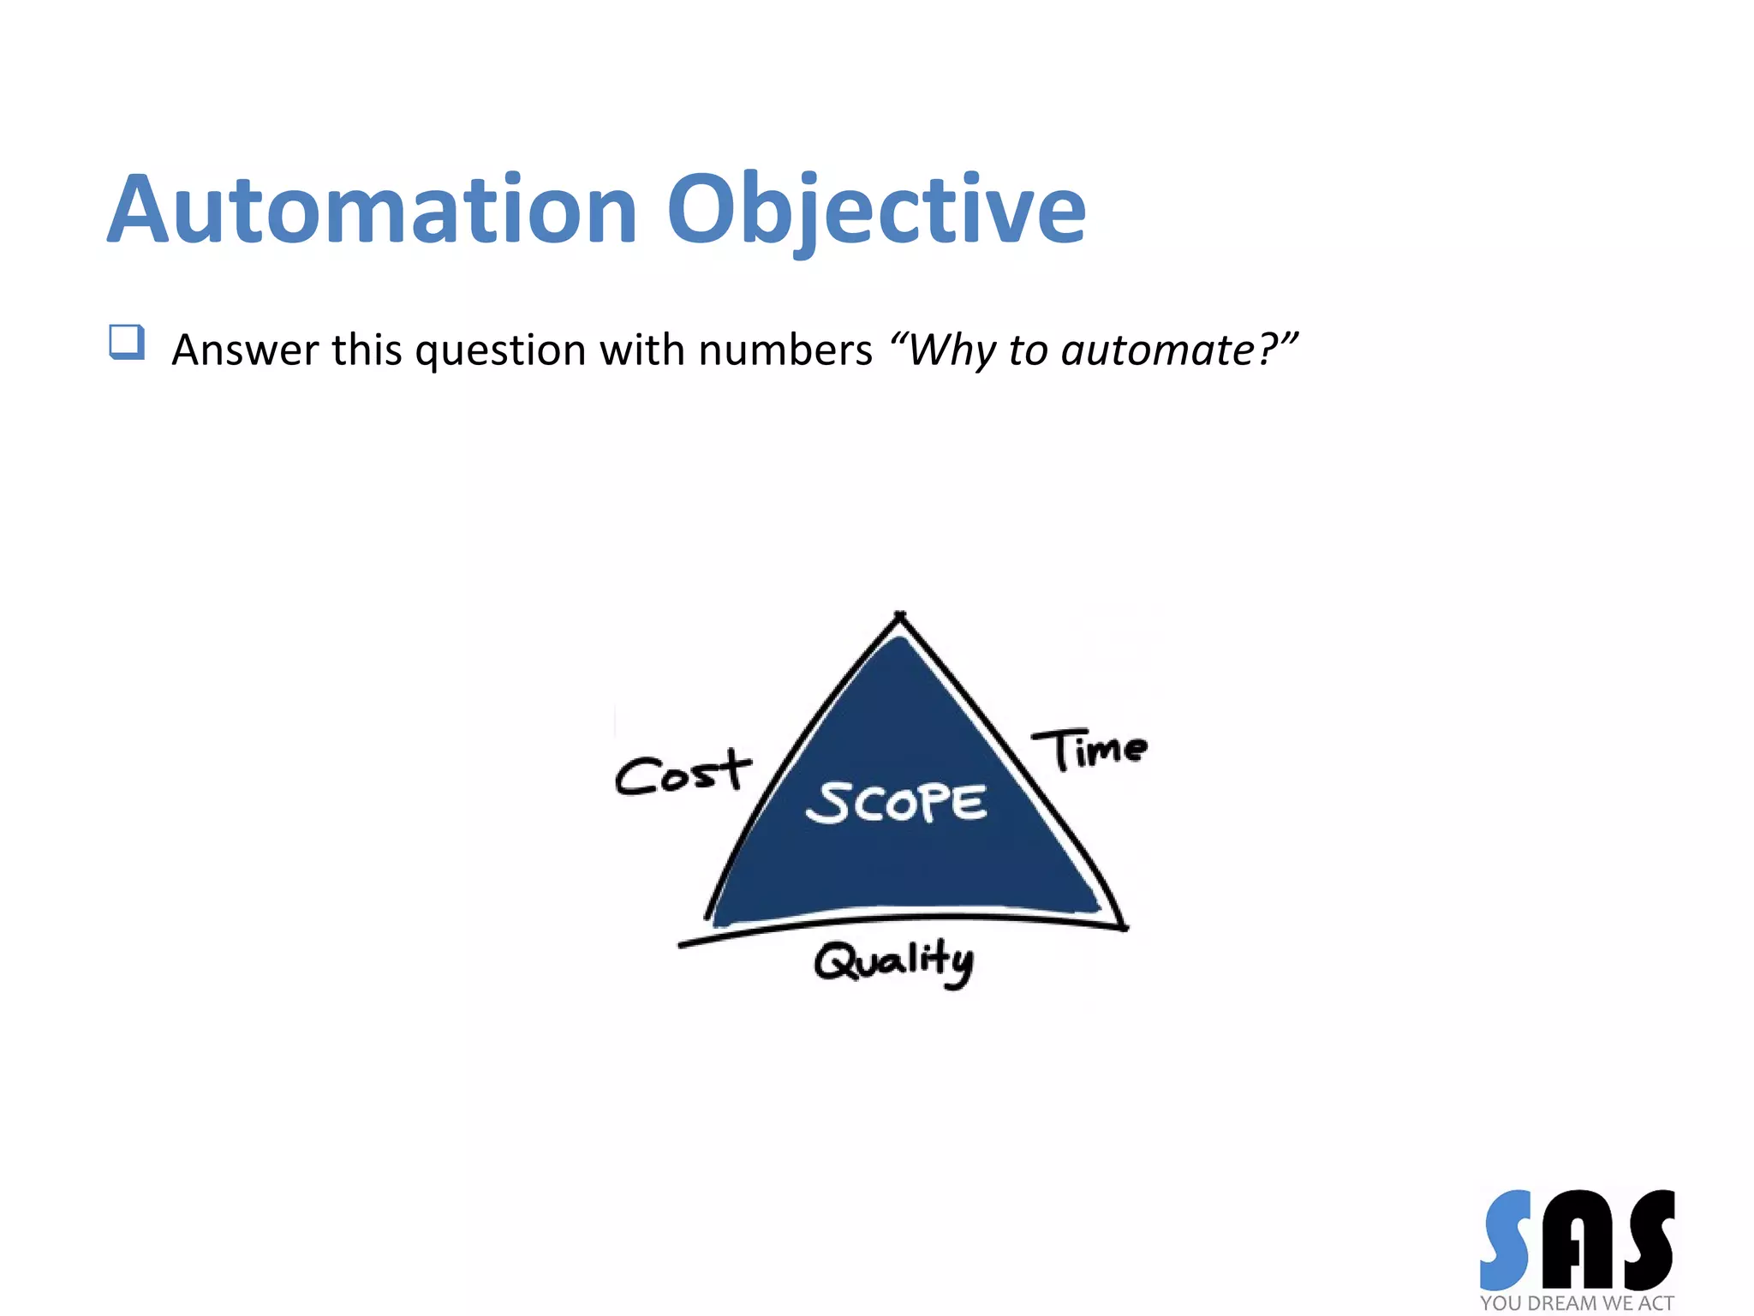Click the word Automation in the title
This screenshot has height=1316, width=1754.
pyautogui.click(x=373, y=210)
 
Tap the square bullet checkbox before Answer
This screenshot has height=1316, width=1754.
pyautogui.click(x=127, y=342)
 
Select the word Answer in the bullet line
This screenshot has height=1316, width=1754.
pyautogui.click(x=244, y=350)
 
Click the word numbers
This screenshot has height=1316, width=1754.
pyautogui.click(x=785, y=350)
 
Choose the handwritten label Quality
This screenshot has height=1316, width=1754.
pyautogui.click(x=893, y=961)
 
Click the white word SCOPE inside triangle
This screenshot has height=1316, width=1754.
pyautogui.click(x=896, y=803)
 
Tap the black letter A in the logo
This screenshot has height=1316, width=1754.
pyautogui.click(x=1576, y=1240)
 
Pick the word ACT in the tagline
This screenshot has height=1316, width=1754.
pyautogui.click(x=1656, y=1303)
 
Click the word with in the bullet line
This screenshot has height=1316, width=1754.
pyautogui.click(x=641, y=350)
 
